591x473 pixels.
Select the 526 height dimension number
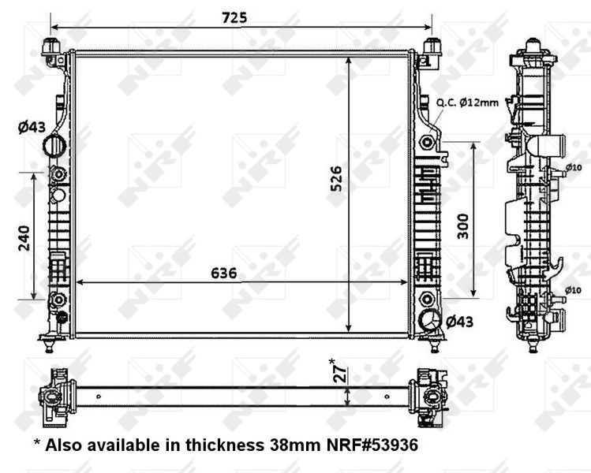pos(336,183)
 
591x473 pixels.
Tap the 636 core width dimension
pos(223,274)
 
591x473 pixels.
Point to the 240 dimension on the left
pos(23,236)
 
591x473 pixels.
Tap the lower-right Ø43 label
pos(460,321)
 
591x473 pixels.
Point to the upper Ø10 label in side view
pos(574,166)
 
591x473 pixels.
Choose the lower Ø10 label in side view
pos(574,290)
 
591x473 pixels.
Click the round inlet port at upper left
pos(55,146)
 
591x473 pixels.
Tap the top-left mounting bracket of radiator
pos(54,50)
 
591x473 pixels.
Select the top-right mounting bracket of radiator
pos(430,49)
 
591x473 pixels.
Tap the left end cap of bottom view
pos(58,392)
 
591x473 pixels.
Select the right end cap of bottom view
pos(428,392)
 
